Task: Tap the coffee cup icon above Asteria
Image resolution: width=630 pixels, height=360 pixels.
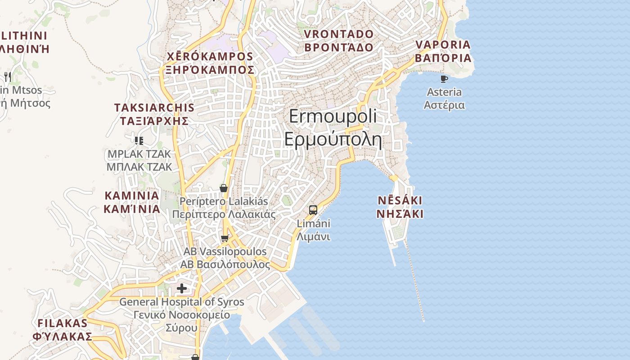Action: (444, 79)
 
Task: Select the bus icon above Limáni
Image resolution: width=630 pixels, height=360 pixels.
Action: (313, 210)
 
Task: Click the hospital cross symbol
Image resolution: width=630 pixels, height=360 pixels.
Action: (182, 288)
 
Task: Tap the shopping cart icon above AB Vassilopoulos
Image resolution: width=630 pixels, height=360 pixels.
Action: (225, 238)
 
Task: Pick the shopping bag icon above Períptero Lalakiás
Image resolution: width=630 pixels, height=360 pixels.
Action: (223, 188)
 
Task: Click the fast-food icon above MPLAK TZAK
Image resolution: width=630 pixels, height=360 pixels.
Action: (139, 140)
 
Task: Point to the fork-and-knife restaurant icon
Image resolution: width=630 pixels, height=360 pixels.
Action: (7, 76)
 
